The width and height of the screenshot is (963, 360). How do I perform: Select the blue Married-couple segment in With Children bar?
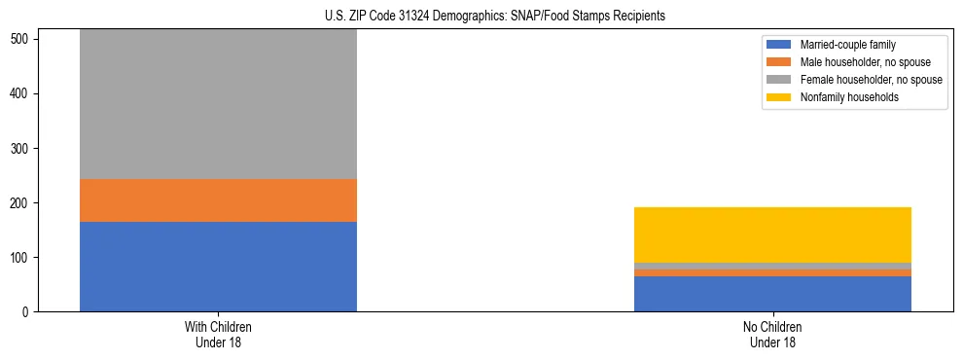[x=218, y=267]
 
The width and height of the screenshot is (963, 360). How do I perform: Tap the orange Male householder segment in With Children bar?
[x=218, y=200]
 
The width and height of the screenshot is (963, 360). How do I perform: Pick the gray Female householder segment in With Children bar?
[x=218, y=104]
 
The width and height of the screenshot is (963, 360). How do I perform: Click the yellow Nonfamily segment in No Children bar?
[x=772, y=234]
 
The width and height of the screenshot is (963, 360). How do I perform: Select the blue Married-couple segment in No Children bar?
[x=772, y=294]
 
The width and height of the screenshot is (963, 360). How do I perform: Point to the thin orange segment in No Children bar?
[x=772, y=272]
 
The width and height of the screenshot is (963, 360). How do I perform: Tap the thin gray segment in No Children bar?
[x=772, y=266]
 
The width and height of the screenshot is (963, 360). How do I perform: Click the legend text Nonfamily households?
[x=843, y=97]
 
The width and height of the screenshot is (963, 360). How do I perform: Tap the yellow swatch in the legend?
[x=779, y=97]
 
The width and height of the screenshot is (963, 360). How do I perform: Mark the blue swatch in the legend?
[x=779, y=45]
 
